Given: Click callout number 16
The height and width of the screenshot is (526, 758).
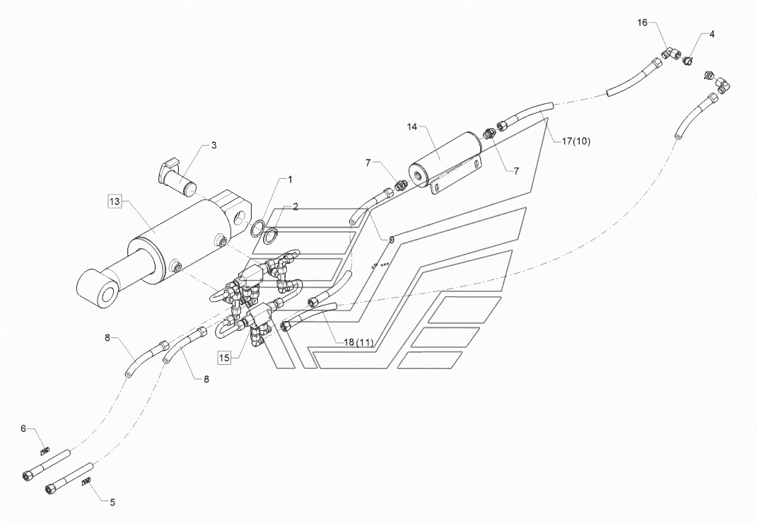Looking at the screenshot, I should pos(642,23).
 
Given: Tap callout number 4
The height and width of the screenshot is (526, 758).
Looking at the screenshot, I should pos(711,34).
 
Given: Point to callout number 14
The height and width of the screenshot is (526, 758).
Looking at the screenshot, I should pos(412,127).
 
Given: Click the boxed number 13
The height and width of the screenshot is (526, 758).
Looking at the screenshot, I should pos(115,202).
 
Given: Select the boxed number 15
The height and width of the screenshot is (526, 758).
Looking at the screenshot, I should pos(224,358).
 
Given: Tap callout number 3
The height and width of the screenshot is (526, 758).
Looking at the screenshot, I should pos(214,145).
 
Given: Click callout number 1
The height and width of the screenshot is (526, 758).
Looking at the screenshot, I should pos(288,180).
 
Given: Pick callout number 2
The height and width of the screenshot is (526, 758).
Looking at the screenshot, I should pos(296,206).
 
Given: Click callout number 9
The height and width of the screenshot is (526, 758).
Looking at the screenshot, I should pos(391,240).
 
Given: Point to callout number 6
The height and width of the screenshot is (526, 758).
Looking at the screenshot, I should pos(23,428).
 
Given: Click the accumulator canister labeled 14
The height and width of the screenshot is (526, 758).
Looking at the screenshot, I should pos(445,158).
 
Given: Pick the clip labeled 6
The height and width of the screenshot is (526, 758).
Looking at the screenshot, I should pos(44,449).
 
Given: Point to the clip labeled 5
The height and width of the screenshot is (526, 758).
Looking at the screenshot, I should pos(87,482).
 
